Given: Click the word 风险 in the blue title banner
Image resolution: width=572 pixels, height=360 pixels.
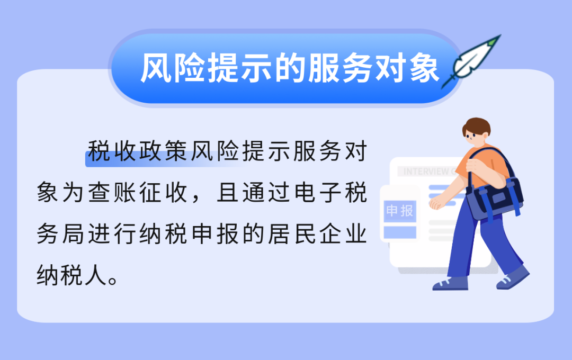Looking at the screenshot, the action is pos(173,68).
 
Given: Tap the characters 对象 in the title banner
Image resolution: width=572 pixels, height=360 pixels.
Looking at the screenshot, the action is pos(407,68).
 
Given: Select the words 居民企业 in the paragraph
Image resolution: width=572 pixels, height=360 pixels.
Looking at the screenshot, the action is pos(317,234).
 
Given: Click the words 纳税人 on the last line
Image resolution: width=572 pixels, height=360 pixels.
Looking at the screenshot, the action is pos(71,275).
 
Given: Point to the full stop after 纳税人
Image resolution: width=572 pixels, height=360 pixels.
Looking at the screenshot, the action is pos(113,281).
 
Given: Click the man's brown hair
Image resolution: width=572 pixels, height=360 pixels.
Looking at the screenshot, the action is pos(477,127).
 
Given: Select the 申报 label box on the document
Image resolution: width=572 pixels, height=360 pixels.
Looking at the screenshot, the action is pos(400,211).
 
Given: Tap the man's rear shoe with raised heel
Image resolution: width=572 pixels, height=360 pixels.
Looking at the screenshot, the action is pos(513,277).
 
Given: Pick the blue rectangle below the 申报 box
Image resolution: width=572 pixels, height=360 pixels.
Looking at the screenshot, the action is pos(400,232).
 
